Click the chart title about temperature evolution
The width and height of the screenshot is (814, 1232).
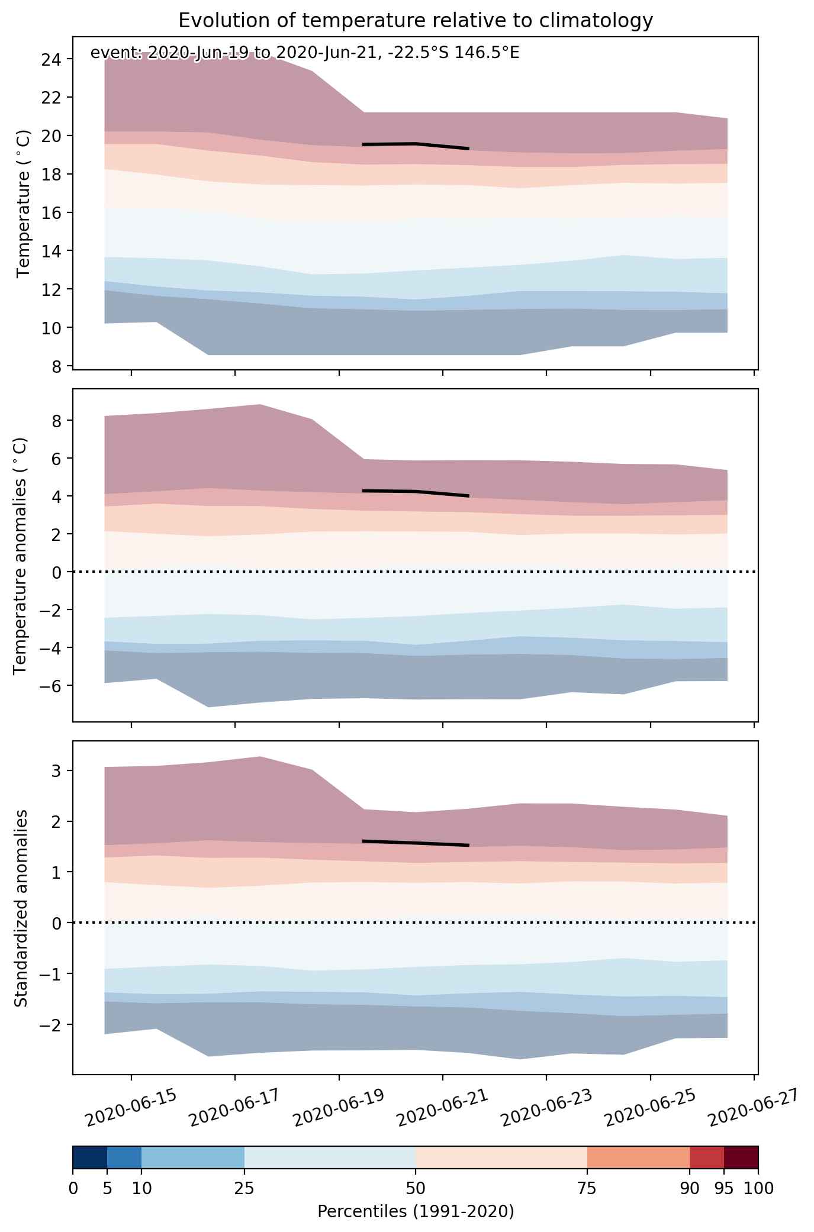point(416,21)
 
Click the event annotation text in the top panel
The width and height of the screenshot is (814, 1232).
point(305,53)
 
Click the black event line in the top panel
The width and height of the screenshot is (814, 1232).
point(416,145)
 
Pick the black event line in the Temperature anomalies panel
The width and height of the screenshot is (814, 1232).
point(416,492)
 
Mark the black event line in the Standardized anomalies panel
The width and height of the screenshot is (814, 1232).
point(416,843)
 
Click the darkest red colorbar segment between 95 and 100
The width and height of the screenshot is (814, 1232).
point(741,1158)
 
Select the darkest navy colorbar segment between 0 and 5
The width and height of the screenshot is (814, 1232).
point(90,1158)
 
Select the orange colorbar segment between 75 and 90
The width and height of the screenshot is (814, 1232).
point(638,1158)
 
